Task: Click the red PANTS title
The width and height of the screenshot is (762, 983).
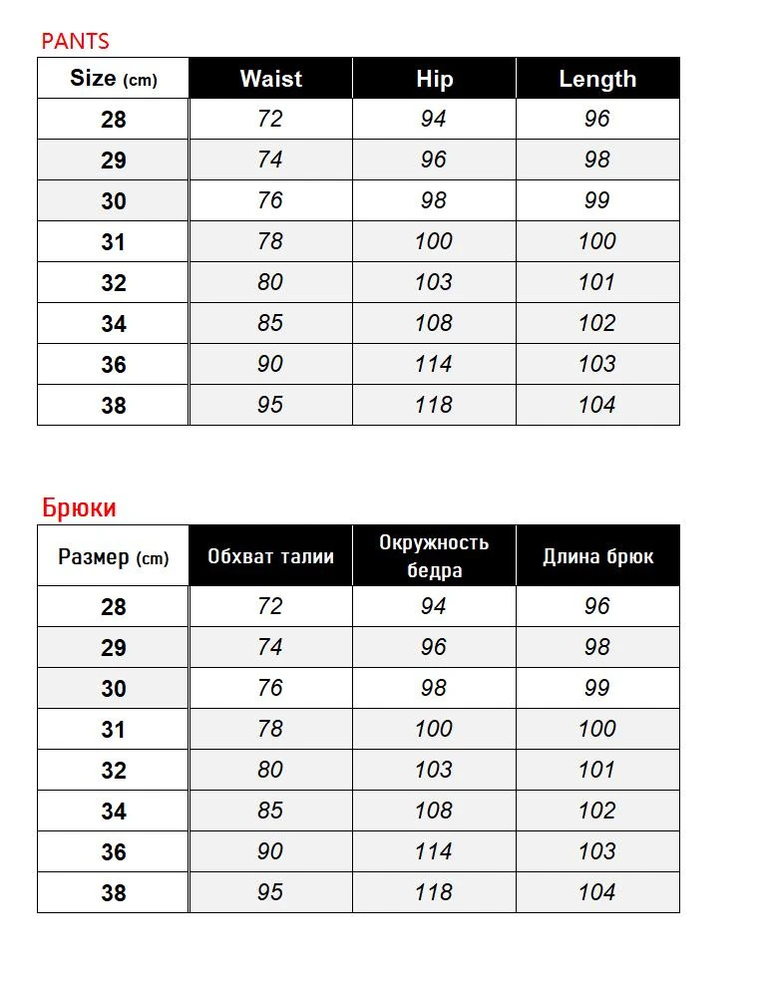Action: click(75, 41)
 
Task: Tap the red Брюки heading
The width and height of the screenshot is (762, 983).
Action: click(79, 507)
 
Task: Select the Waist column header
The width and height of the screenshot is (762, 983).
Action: click(270, 79)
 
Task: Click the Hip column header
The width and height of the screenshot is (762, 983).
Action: click(434, 79)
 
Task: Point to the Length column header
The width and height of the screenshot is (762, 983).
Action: click(597, 79)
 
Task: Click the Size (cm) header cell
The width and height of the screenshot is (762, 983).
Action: click(113, 79)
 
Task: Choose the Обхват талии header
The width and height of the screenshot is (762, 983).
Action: click(270, 556)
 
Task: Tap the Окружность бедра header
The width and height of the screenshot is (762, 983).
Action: click(434, 556)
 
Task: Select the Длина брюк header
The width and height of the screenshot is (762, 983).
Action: click(597, 556)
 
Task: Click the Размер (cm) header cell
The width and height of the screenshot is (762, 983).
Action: click(113, 556)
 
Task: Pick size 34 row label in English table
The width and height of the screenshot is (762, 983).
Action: click(114, 324)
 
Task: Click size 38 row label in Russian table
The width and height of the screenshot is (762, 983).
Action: click(114, 893)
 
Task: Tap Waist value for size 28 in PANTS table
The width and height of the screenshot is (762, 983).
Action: click(270, 119)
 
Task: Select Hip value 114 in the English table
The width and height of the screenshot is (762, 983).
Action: click(434, 364)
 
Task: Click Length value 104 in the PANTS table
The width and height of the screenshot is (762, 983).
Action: click(597, 405)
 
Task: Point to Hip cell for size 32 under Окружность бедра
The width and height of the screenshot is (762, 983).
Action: click(434, 770)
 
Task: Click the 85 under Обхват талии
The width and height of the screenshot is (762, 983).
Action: click(270, 811)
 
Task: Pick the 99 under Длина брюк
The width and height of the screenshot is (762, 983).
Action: click(597, 688)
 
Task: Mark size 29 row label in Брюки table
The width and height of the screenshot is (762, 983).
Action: click(114, 648)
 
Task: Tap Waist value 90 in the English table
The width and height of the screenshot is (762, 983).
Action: click(270, 364)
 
